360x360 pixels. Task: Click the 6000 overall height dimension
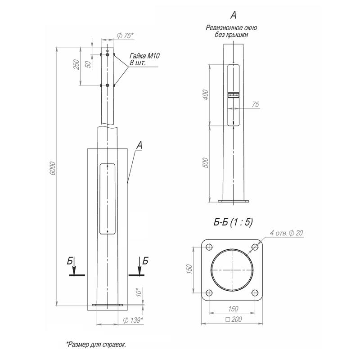click(52, 168)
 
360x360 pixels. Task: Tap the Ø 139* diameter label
click(133, 320)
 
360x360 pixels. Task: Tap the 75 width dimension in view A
click(256, 104)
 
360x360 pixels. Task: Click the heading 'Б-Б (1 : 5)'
click(233, 222)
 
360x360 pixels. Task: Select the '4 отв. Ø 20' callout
click(287, 233)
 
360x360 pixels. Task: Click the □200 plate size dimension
click(233, 319)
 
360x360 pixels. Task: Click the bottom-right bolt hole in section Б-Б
click(256, 292)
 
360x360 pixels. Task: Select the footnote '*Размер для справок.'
click(97, 344)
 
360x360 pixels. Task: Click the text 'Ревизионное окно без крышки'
click(233, 31)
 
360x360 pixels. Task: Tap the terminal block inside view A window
click(233, 95)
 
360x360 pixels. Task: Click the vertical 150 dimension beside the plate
click(190, 269)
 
